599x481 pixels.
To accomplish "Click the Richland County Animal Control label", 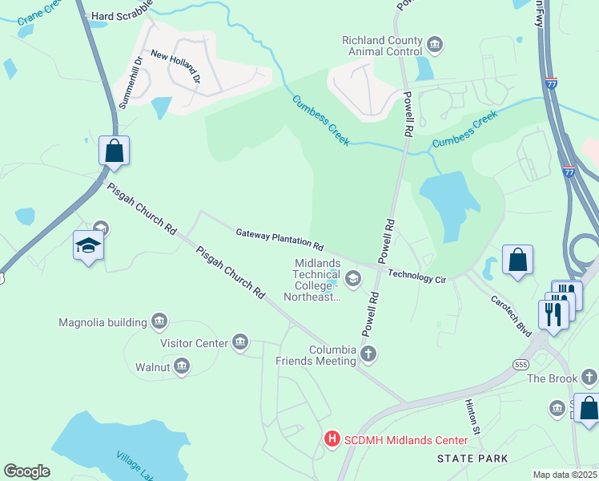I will [x=380, y=46].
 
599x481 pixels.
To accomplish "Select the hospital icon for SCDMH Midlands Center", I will [x=333, y=439].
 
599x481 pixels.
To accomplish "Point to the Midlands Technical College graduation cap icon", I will [x=353, y=278].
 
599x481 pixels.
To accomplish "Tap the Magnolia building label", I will [x=103, y=322].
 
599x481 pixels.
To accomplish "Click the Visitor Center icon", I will [x=240, y=343].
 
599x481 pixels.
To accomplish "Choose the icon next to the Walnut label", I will [x=182, y=367].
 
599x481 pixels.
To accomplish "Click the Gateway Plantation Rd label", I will [x=279, y=239].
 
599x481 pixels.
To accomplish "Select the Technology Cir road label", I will [x=416, y=275].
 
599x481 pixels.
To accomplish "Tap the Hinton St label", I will [x=472, y=414].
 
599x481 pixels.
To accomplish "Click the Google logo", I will [x=26, y=471].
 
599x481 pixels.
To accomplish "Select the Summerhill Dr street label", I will [x=130, y=83].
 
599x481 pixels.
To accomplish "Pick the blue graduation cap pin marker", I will [x=89, y=245].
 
